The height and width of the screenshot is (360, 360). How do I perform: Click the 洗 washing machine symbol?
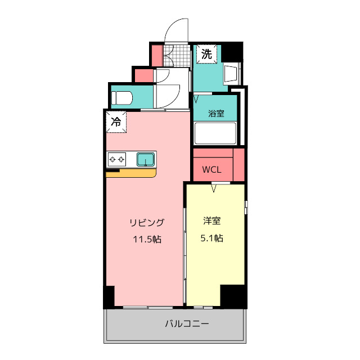(x=206, y=54)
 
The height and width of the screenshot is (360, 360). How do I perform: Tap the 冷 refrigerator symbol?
(x=116, y=122)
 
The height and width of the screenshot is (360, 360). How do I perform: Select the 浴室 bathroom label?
(x=216, y=114)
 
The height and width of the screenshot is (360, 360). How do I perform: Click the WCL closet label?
(x=211, y=170)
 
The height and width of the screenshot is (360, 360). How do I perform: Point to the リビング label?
(x=147, y=223)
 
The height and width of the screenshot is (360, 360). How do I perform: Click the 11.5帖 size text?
(x=147, y=240)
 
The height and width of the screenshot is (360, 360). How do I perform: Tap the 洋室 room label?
(x=212, y=220)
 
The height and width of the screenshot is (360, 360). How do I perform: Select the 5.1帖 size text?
(x=211, y=238)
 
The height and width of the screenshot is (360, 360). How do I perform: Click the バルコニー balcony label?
(x=187, y=324)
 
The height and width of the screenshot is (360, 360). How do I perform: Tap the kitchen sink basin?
(x=146, y=159)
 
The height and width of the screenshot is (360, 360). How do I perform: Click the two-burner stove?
(x=117, y=159)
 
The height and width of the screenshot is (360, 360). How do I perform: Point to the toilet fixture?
(x=121, y=98)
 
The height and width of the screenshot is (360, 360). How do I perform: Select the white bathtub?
(x=215, y=133)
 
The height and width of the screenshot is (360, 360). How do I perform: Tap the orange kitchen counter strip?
(x=131, y=173)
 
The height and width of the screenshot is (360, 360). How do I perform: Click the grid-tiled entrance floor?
(x=177, y=56)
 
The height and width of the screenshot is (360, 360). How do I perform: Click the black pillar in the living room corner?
(x=109, y=296)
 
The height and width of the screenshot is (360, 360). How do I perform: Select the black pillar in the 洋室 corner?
(x=233, y=296)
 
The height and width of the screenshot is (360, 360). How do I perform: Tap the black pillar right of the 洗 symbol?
(x=232, y=52)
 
